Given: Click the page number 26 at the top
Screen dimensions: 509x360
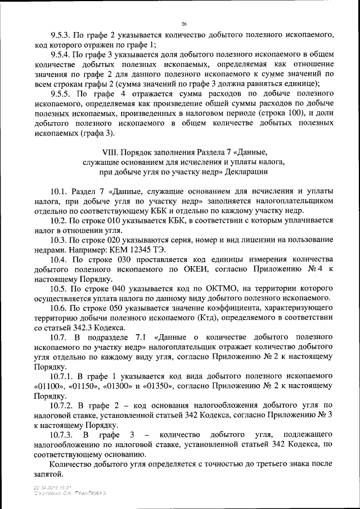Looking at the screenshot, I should click(184, 24).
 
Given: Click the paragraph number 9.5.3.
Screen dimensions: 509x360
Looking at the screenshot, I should click(61, 35).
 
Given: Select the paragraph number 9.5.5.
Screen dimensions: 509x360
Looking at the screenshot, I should click(61, 94).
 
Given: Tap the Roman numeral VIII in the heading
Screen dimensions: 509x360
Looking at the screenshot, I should click(111, 152).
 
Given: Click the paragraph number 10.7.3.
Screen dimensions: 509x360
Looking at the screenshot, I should click(62, 435).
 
